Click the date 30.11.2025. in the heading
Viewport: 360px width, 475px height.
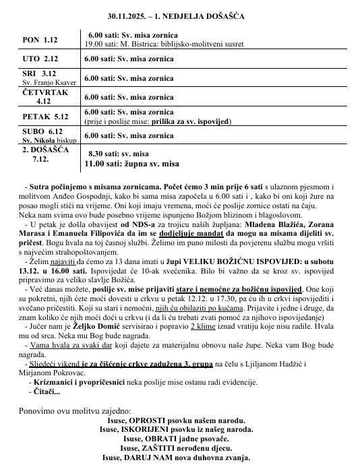(131, 15)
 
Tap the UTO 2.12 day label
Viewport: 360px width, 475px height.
(40, 59)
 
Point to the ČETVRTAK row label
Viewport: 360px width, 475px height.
(44, 92)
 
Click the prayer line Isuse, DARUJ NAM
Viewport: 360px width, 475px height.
(176, 457)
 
